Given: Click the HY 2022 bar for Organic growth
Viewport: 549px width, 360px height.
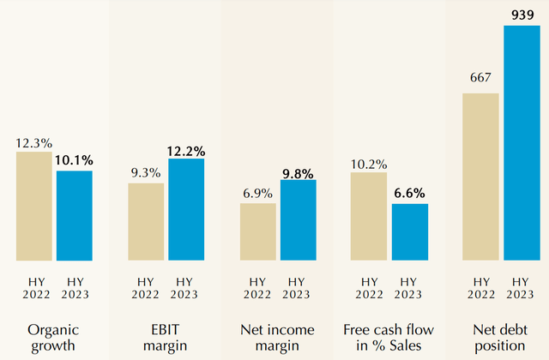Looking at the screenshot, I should click(x=33, y=206).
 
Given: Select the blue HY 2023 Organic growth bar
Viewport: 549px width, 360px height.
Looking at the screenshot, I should click(x=75, y=215).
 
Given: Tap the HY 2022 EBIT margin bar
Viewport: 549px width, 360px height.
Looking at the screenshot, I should click(x=146, y=221).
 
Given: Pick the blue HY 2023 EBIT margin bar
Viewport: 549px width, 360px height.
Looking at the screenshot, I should click(x=186, y=209).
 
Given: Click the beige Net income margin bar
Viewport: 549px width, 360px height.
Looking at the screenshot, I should click(x=258, y=231).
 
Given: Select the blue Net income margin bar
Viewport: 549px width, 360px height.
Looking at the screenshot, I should click(x=299, y=219).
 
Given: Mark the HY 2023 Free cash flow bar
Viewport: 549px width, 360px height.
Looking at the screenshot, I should click(x=410, y=231).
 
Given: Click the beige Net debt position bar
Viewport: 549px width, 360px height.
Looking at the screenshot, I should click(x=480, y=176).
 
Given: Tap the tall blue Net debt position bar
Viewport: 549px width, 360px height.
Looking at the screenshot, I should click(x=522, y=142).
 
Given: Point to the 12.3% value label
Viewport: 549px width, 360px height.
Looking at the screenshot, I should click(x=33, y=143).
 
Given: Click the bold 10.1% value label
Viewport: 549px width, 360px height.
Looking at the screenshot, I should click(x=75, y=160).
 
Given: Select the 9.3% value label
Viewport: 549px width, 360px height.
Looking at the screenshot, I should click(x=146, y=173).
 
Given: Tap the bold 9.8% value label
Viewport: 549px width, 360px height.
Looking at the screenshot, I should click(x=299, y=170).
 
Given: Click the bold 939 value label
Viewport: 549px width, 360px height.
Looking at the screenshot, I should click(x=522, y=15).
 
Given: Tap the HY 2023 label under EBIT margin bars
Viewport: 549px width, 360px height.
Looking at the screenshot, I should click(x=186, y=288).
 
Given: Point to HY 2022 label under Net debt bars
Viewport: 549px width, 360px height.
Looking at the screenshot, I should click(x=480, y=288).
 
